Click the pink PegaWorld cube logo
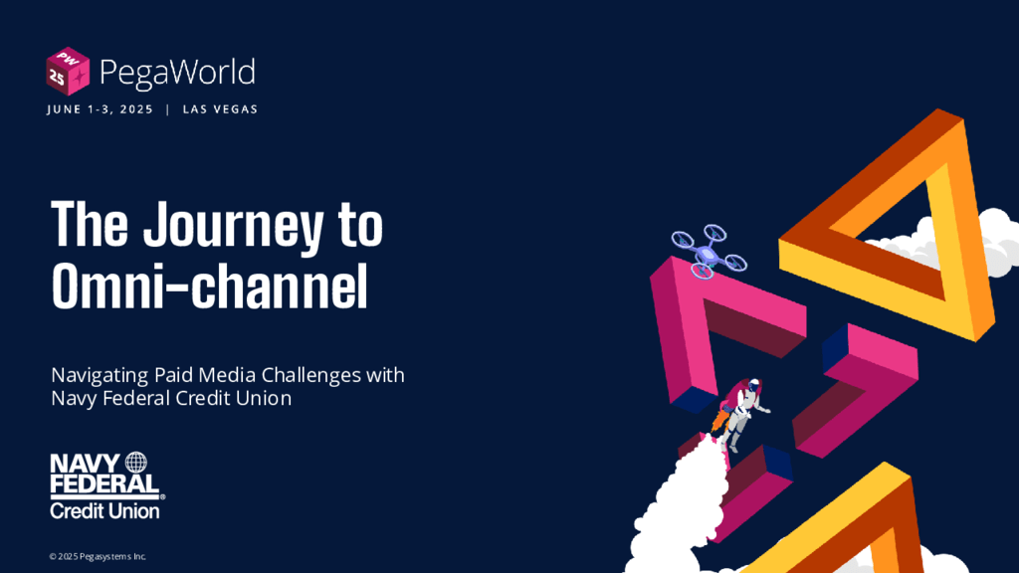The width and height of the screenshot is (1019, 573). point(68,72)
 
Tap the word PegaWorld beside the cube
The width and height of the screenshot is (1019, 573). point(177,73)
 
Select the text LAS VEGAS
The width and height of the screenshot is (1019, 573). point(220,109)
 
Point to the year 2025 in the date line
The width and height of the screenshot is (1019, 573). point(136,109)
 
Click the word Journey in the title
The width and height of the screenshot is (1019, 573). point(233,225)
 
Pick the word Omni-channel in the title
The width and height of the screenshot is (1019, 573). point(210,286)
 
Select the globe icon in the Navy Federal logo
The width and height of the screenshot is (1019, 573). point(135,463)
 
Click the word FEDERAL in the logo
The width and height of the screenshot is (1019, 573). point(104,484)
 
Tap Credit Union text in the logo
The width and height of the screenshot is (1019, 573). point(104,510)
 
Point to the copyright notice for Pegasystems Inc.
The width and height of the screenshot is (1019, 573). point(98,556)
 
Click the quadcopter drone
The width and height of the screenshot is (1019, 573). point(709,252)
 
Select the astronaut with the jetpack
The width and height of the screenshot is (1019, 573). point(740,413)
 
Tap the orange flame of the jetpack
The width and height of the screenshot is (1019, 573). point(719,419)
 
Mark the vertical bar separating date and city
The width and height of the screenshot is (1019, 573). point(167,109)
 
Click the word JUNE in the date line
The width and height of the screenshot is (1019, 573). point(64,109)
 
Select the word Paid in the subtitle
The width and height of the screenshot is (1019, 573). point(173,375)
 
